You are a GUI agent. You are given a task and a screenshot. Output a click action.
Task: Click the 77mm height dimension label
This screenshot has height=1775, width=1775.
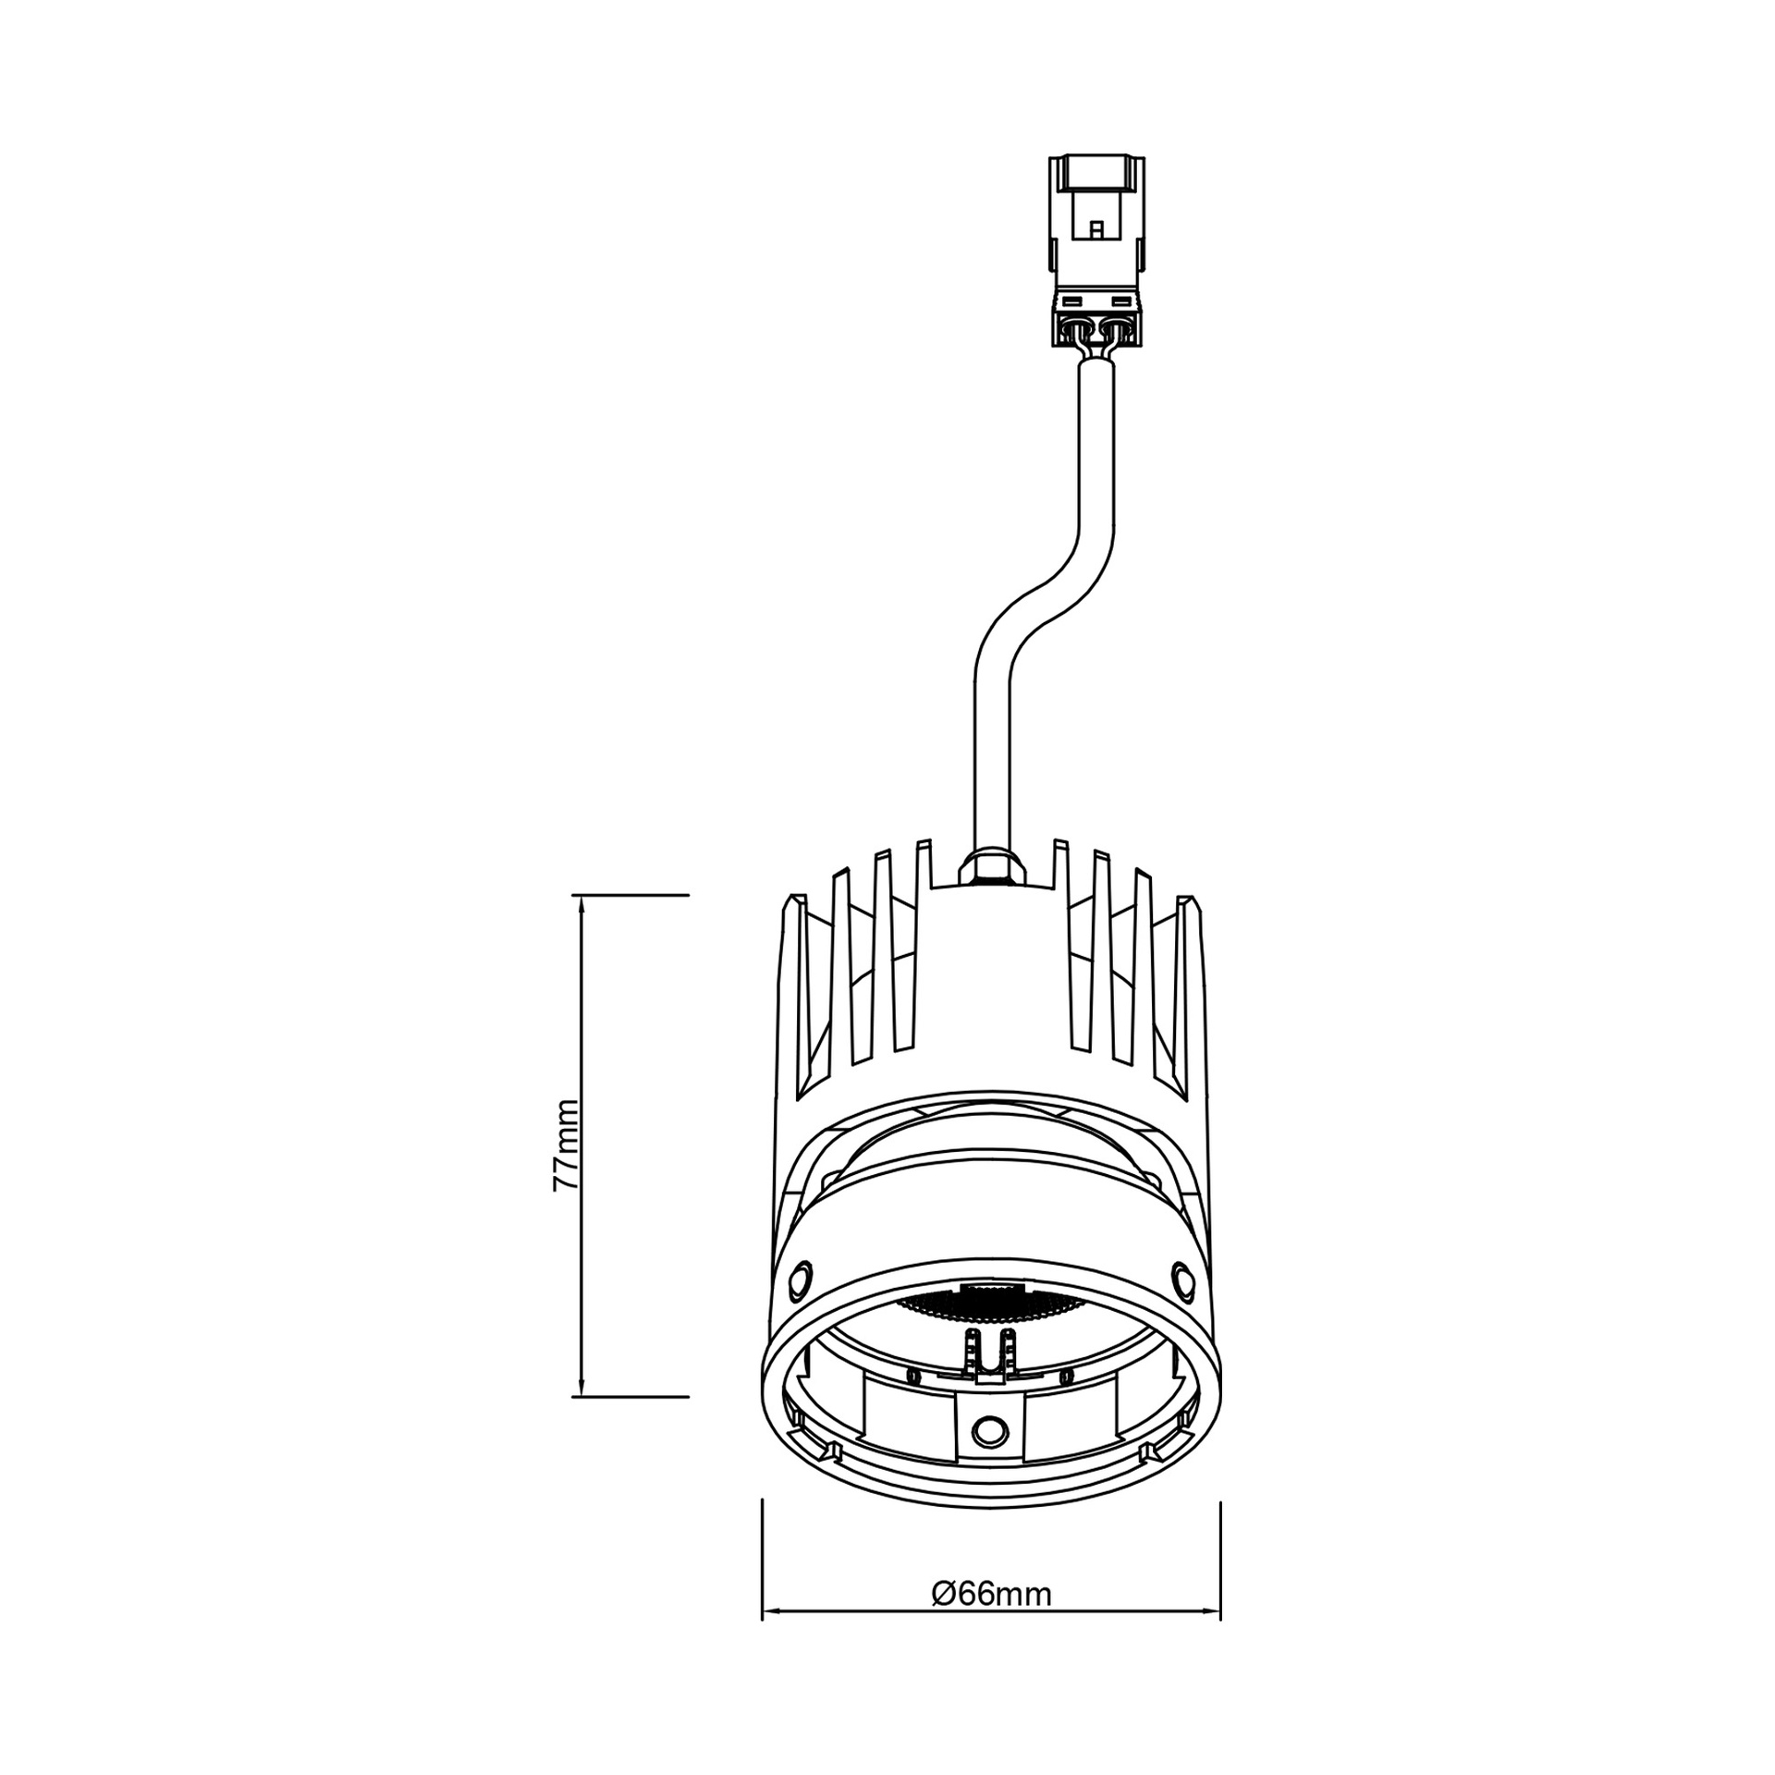[x=565, y=1157]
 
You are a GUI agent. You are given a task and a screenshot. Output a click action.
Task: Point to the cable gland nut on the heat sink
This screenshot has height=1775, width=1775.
[x=992, y=866]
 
